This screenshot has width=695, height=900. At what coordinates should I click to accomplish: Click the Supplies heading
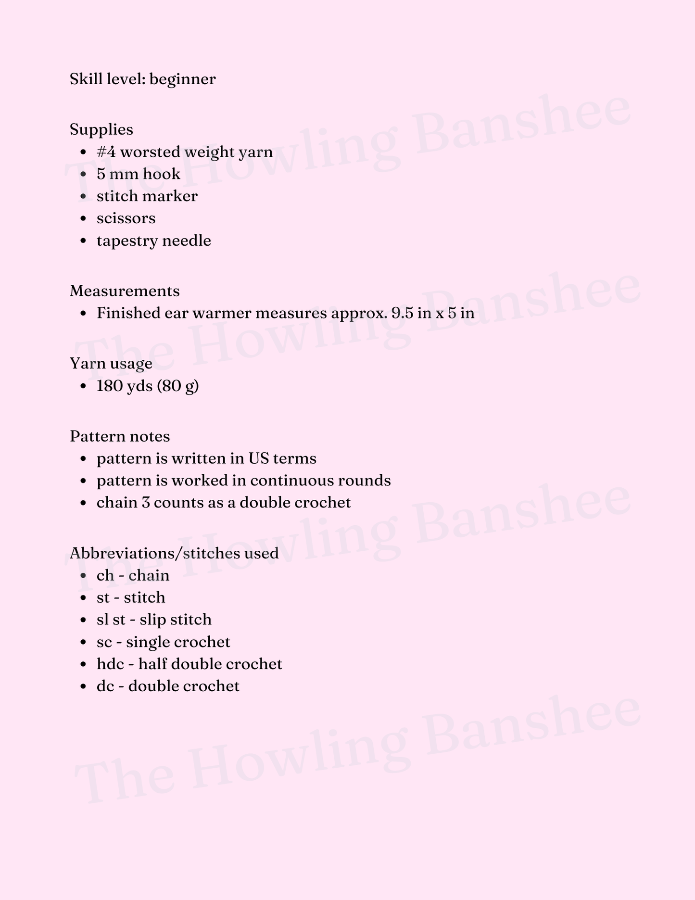[x=101, y=130]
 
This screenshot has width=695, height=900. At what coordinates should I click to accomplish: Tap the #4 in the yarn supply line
[x=106, y=152]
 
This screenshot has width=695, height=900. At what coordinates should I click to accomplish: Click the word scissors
[x=126, y=218]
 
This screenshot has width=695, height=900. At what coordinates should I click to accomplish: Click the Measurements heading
[x=125, y=291]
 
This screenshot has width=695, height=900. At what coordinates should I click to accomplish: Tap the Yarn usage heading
[x=111, y=363]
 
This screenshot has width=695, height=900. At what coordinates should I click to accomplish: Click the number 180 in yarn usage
[x=109, y=386]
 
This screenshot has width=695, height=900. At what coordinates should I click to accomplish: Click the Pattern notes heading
[x=120, y=436]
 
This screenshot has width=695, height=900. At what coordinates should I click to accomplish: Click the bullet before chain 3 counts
[x=84, y=503]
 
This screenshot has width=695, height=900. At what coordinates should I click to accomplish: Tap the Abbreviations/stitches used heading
[x=174, y=553]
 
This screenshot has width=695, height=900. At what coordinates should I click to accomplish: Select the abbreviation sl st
[x=111, y=620]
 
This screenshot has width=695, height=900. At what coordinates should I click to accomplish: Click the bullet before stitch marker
[x=84, y=197]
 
